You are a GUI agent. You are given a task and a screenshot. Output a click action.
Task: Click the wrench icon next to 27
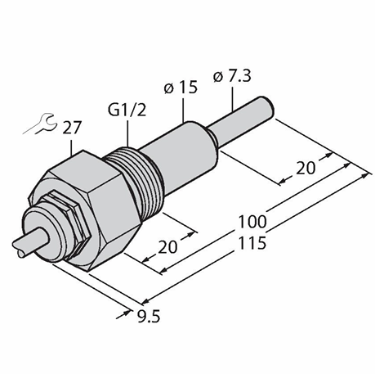click(x=41, y=124)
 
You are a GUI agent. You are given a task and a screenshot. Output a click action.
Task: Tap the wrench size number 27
click(x=72, y=128)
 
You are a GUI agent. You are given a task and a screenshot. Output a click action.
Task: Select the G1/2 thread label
click(x=127, y=110)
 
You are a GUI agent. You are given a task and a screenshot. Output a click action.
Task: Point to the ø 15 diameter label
click(x=181, y=88)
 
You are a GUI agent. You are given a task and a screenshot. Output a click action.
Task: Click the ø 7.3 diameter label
click(x=232, y=76)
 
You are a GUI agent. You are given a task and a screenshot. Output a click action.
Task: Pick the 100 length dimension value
click(x=252, y=222)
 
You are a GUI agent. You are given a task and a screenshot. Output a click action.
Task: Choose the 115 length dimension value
click(x=252, y=243)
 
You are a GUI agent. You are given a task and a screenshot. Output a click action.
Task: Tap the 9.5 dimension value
click(x=149, y=317)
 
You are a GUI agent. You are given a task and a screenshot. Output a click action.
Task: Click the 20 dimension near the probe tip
click(x=306, y=168)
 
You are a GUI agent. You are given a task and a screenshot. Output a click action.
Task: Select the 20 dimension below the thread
click(x=167, y=247)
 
